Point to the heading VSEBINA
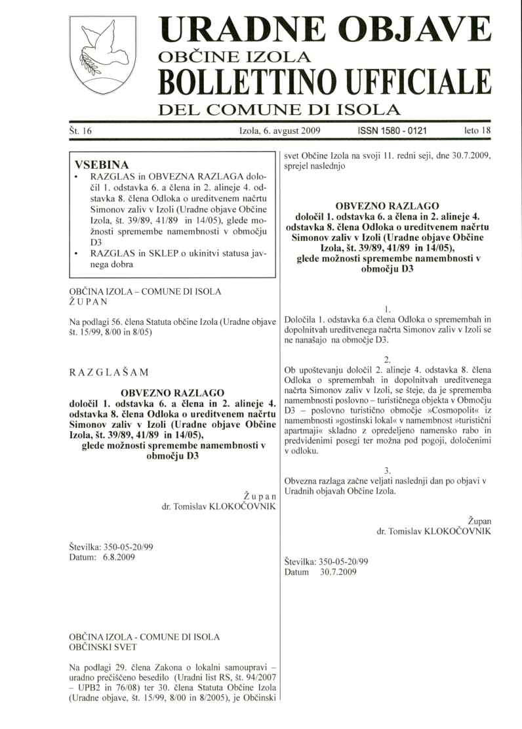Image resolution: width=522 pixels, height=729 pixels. tap(102, 164)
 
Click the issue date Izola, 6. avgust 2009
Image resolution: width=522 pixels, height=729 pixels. tap(280, 131)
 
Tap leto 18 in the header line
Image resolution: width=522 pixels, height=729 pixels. tap(477, 131)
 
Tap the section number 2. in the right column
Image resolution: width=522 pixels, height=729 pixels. tap(388, 359)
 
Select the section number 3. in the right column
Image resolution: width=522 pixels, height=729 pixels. tap(388, 470)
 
